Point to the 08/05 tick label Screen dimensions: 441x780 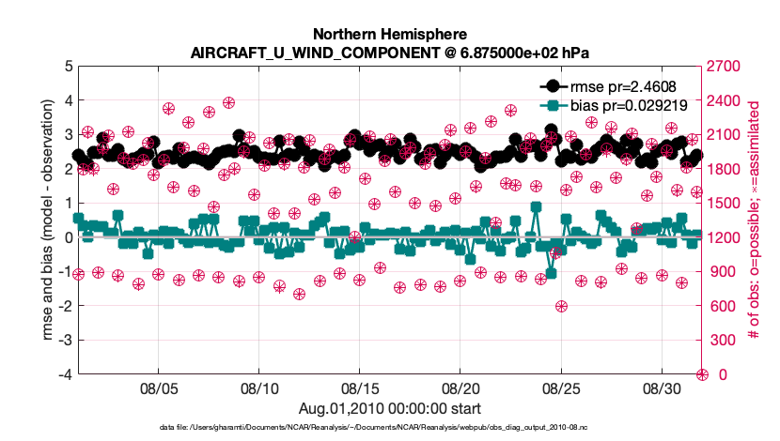click(159, 388)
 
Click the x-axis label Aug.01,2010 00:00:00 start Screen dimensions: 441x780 click(389, 408)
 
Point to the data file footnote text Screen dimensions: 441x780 click(389, 428)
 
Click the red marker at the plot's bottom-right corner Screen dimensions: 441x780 click(702, 374)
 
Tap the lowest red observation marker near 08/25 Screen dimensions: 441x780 click(561, 306)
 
